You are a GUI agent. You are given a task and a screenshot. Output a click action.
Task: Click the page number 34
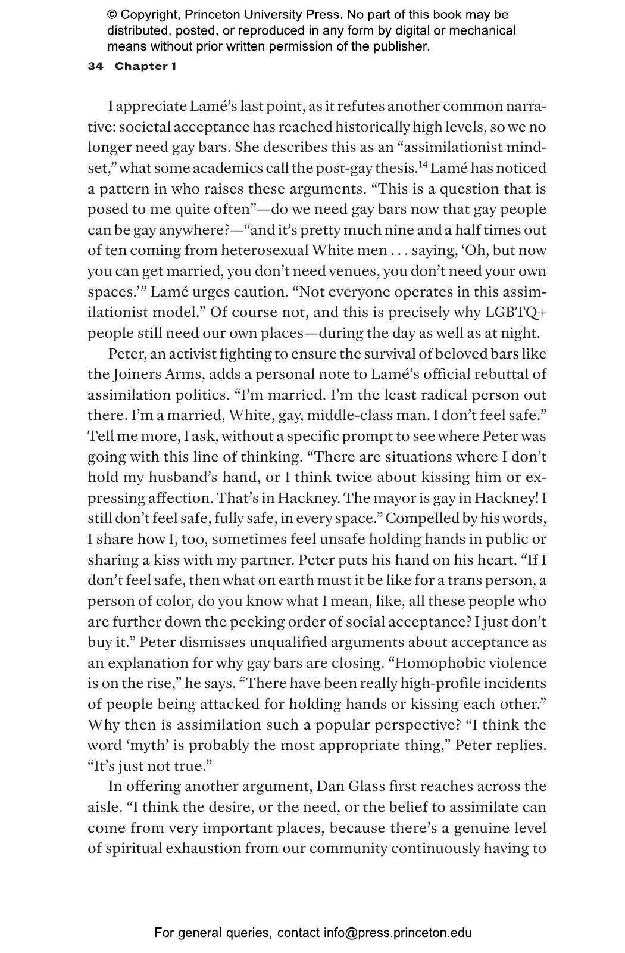[95, 66]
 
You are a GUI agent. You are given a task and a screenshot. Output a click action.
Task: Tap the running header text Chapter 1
[145, 66]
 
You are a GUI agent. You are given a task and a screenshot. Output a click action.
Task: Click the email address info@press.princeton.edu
[398, 933]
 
